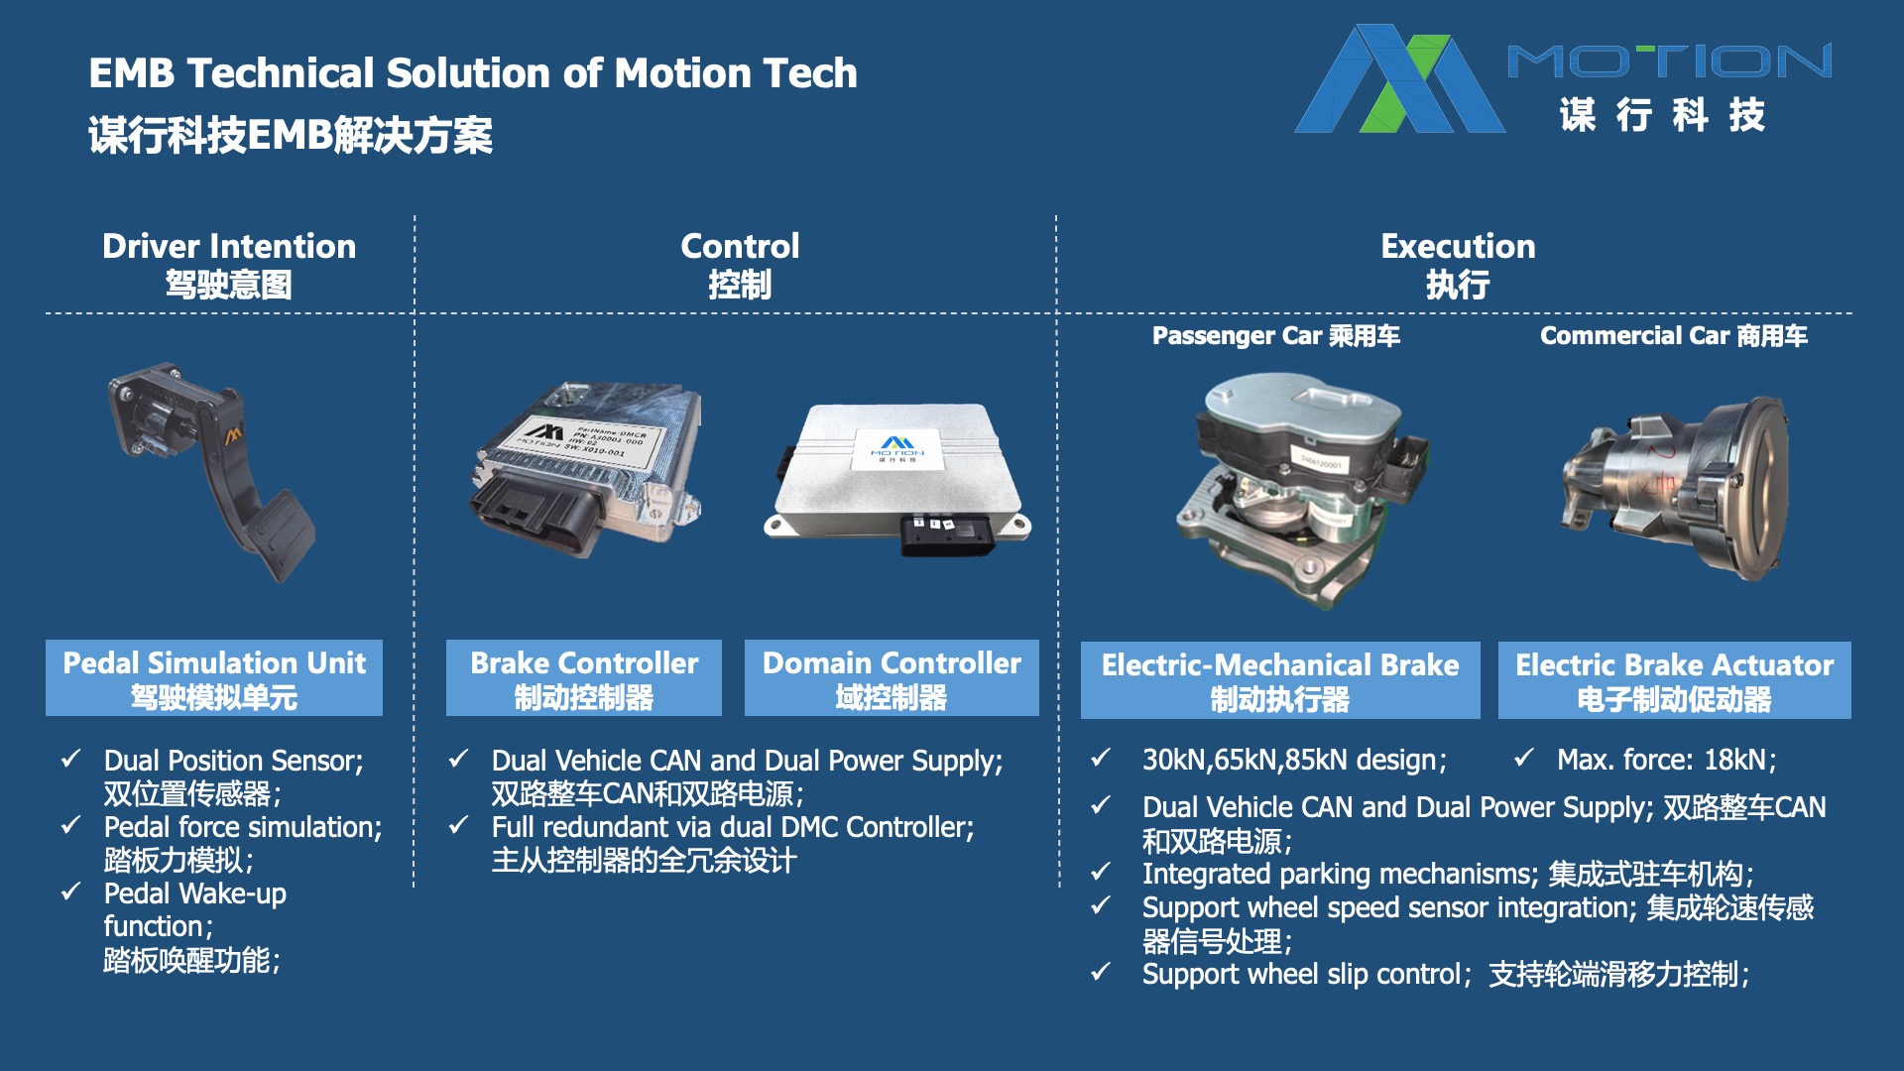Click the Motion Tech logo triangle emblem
click(1399, 79)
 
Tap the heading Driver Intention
click(229, 246)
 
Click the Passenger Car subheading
click(1276, 336)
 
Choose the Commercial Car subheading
click(1674, 336)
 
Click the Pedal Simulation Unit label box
click(214, 678)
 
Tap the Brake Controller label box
click(584, 678)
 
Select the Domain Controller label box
click(892, 678)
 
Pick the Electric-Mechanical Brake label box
click(1280, 680)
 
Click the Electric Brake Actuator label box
click(1675, 680)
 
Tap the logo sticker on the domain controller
click(897, 448)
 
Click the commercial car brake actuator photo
click(1676, 486)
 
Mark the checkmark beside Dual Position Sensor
click(70, 760)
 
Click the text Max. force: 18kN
click(1666, 760)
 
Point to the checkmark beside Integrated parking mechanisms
click(1100, 873)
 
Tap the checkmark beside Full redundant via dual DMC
click(458, 826)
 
